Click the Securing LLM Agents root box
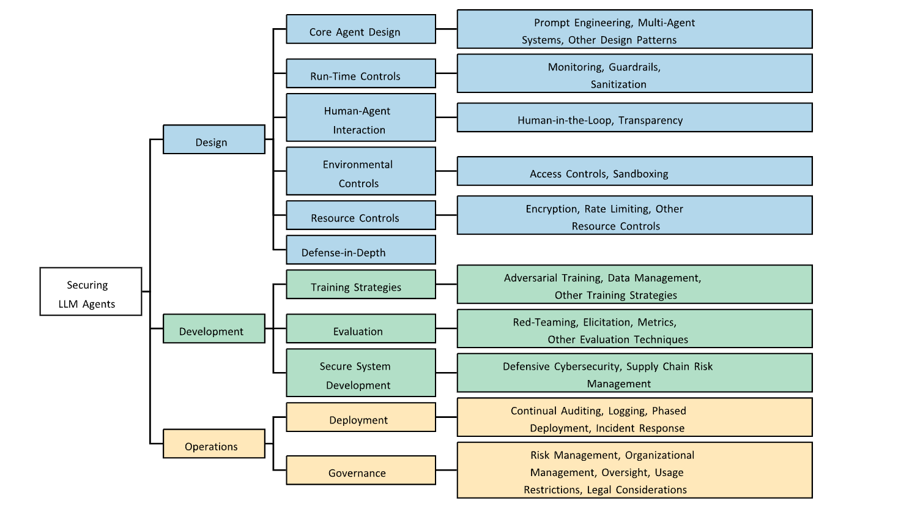tap(91, 291)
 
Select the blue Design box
tap(213, 140)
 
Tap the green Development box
tap(213, 329)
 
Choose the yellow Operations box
tap(213, 444)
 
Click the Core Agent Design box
tap(360, 29)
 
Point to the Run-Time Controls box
tap(360, 73)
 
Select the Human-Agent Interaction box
tap(360, 117)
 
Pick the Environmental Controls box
tap(360, 171)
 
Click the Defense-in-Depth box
tap(360, 250)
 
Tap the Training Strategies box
tap(360, 285)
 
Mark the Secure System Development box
tap(360, 373)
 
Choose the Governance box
tap(360, 471)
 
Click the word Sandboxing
tap(640, 174)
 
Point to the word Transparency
tap(650, 121)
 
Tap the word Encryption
tap(552, 209)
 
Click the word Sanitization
tap(618, 84)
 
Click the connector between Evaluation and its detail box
tap(447, 329)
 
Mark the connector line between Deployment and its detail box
tap(447, 417)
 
